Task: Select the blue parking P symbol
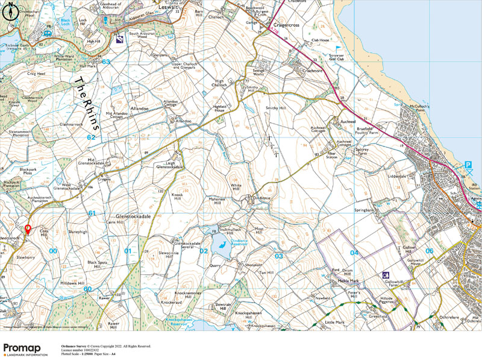click(x=468, y=165)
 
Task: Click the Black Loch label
click(x=66, y=21)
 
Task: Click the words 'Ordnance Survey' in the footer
click(x=75, y=346)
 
